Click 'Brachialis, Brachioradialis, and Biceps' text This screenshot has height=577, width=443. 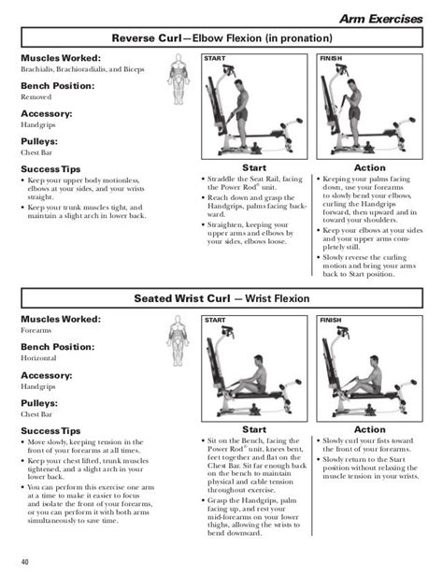pos(81,70)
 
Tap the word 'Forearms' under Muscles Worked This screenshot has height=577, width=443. pos(36,330)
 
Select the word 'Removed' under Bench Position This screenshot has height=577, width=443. pos(37,96)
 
